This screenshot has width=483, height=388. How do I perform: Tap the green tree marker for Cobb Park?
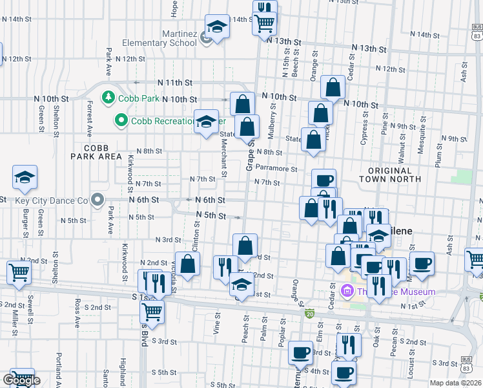[x=108, y=98]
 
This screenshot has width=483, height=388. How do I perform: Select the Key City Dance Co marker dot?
[x=98, y=200]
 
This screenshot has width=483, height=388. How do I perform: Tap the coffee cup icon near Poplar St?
[x=301, y=352]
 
